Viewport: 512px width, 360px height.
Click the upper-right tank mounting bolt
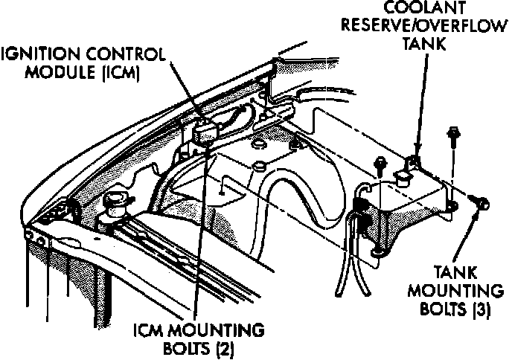[x=451, y=138]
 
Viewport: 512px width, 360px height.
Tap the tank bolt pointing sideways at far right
[x=482, y=201]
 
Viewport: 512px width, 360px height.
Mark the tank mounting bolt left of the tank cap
[x=380, y=163]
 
